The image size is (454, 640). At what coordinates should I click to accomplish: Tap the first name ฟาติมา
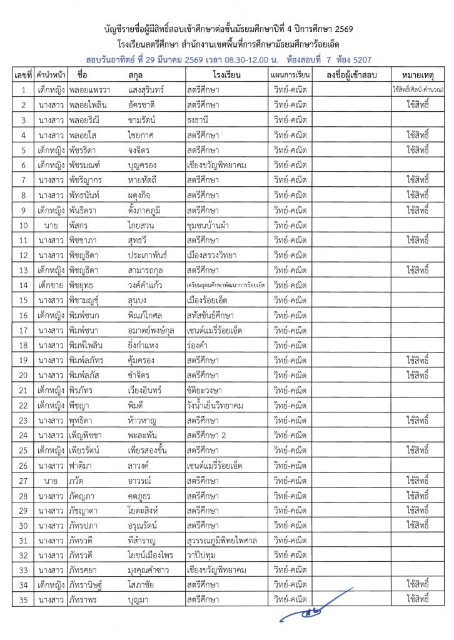(x=83, y=464)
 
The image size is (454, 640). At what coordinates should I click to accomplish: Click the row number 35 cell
(x=23, y=599)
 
